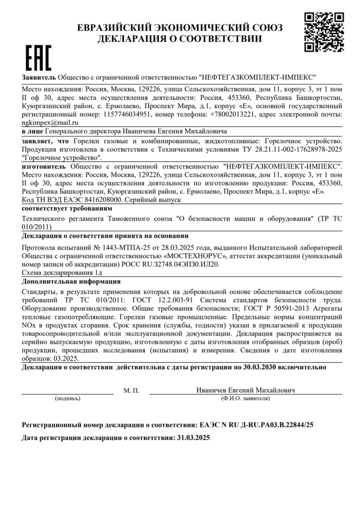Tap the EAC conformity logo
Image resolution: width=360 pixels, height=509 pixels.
[x=37, y=59]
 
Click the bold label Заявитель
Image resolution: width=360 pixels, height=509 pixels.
[x=38, y=78]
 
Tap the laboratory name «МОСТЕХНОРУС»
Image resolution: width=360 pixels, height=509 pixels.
[x=194, y=256]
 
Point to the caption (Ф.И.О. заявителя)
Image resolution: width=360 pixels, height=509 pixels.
[x=246, y=398]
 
